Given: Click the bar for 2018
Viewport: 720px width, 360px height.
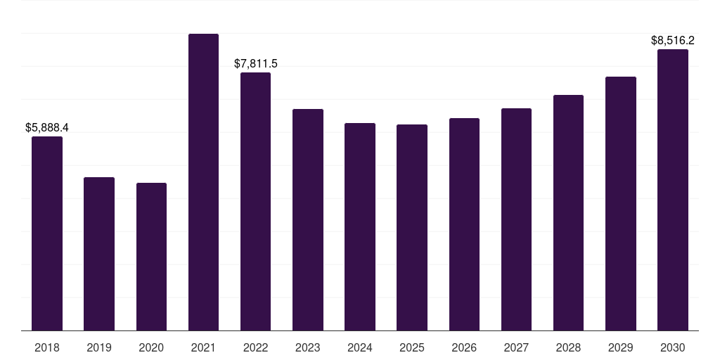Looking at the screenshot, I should [47, 233].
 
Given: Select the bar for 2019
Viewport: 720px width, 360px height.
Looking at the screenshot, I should [99, 254].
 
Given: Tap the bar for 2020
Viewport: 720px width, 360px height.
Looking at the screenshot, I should [151, 257].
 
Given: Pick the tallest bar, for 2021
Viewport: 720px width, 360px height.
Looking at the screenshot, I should [203, 182].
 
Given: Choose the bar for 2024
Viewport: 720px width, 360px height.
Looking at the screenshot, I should [360, 226].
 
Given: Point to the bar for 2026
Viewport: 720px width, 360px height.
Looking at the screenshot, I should [464, 224].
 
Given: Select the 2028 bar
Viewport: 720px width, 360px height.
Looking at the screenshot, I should [568, 212].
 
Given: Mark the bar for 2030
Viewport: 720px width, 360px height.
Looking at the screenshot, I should [673, 190].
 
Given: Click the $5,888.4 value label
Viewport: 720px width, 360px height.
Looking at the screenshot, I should [47, 127].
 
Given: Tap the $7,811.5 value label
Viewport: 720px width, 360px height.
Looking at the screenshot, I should [256, 63].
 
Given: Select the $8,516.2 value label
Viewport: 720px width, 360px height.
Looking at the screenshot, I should [673, 40].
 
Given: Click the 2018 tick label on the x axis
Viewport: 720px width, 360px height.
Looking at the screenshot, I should [47, 347].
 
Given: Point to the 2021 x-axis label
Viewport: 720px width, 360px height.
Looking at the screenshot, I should [203, 347].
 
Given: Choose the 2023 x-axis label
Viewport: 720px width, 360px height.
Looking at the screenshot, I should [308, 347].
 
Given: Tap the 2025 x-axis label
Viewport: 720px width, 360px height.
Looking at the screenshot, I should [412, 347].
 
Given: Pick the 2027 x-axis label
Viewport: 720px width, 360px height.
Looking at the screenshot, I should [516, 347].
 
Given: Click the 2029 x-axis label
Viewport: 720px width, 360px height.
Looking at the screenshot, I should [620, 347].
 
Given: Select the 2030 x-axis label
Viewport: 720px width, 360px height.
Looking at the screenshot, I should [673, 347].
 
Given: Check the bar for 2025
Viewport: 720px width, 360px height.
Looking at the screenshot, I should [412, 227].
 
